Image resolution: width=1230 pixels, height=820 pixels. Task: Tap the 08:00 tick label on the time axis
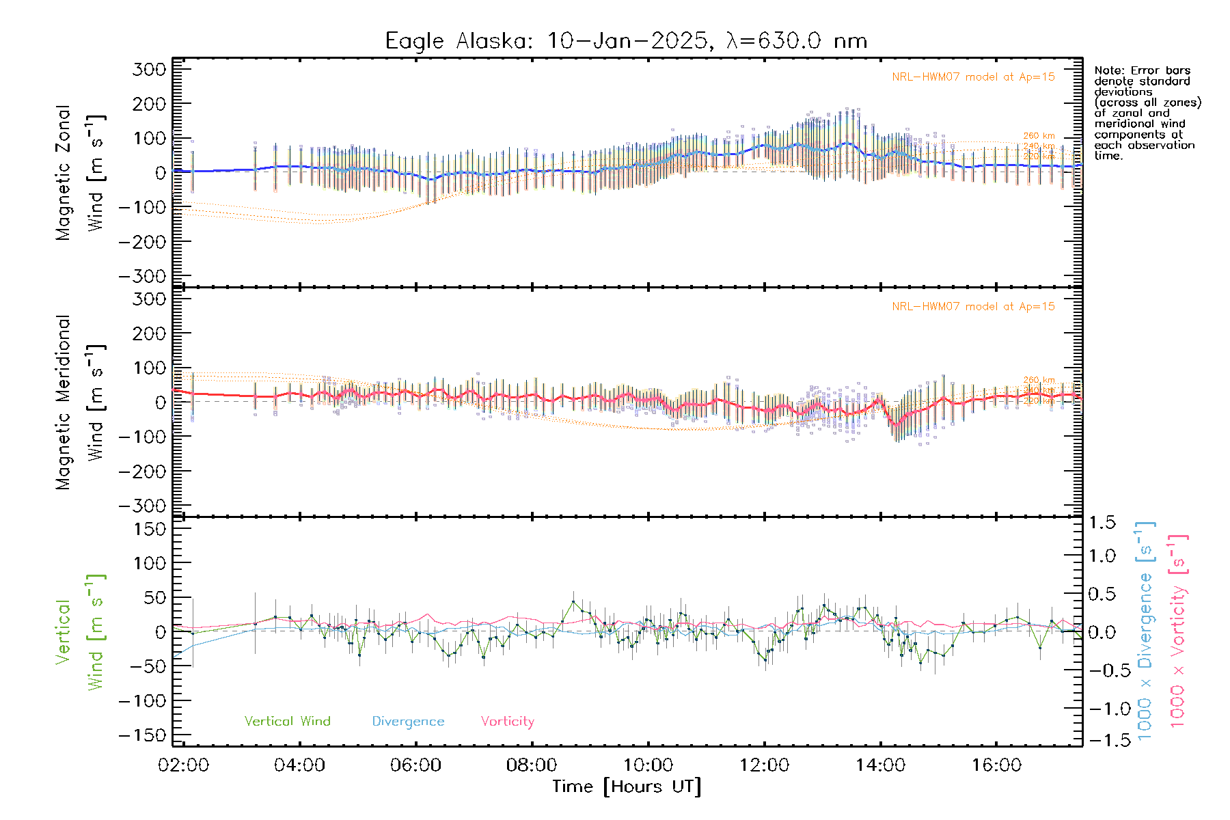tap(532, 765)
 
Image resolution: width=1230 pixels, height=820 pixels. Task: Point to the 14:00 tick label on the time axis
tap(880, 765)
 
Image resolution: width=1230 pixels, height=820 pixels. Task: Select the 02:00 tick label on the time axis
tap(183, 765)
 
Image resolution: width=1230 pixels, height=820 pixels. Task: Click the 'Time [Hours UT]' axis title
tap(627, 787)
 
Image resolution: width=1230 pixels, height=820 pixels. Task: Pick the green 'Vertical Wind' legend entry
tap(287, 722)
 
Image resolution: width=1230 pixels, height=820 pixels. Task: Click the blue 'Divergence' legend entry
tap(408, 722)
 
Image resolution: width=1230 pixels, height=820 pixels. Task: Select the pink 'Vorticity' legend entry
tap(507, 722)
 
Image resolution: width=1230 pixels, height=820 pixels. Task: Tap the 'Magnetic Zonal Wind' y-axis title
tap(81, 172)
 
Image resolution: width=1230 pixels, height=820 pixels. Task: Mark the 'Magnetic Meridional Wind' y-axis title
tap(81, 402)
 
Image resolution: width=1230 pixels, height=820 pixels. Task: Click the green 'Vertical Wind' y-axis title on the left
tap(81, 632)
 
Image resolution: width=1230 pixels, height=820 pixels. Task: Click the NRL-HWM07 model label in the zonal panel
tap(973, 77)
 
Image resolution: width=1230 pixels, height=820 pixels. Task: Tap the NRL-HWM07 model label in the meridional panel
tap(973, 307)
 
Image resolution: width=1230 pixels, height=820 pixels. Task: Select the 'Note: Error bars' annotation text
tap(1142, 71)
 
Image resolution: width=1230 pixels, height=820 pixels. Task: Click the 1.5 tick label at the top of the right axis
tap(1102, 523)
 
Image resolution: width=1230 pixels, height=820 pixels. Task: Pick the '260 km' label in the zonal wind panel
tap(1039, 136)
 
